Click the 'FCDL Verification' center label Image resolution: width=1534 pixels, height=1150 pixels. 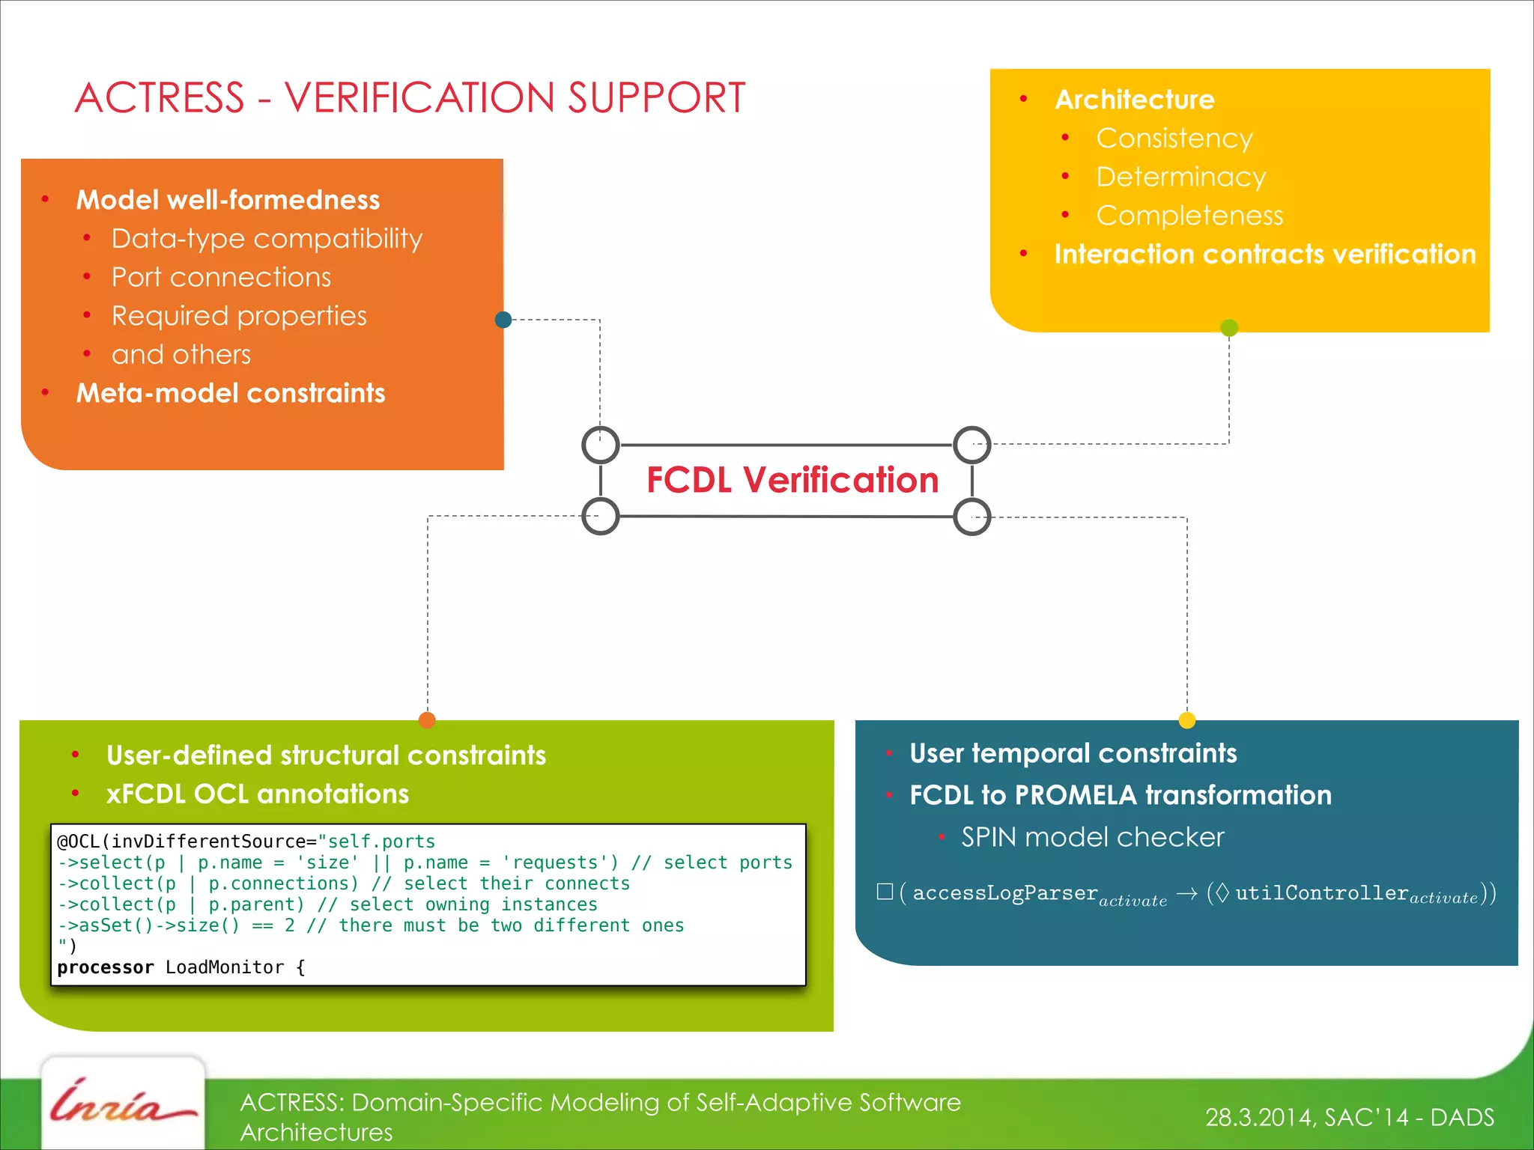pos(792,480)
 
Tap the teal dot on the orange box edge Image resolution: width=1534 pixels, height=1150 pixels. pos(503,320)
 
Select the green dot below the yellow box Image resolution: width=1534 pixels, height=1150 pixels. pos(1229,327)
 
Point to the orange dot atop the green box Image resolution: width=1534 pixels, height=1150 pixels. pos(427,720)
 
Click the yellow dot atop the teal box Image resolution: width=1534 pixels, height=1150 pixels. pos(1187,720)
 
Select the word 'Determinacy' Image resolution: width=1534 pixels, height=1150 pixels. pos(1180,177)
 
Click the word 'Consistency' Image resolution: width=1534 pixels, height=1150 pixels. pos(1174,139)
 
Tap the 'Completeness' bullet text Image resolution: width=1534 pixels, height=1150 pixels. pos(1189,216)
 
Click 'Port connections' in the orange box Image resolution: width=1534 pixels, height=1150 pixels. pos(221,278)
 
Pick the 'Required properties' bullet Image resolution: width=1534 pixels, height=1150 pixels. pos(239,317)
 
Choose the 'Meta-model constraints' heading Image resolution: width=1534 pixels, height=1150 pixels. pos(231,394)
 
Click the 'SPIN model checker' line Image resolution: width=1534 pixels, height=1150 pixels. pos(1092,837)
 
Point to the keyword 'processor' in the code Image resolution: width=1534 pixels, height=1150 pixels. pos(105,967)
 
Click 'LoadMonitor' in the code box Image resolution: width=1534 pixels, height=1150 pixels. pos(225,967)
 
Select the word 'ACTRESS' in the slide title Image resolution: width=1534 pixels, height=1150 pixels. pos(160,98)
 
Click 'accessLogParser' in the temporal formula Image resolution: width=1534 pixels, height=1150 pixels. pos(1004,893)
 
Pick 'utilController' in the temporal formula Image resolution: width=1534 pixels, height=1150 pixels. pos(1321,893)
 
